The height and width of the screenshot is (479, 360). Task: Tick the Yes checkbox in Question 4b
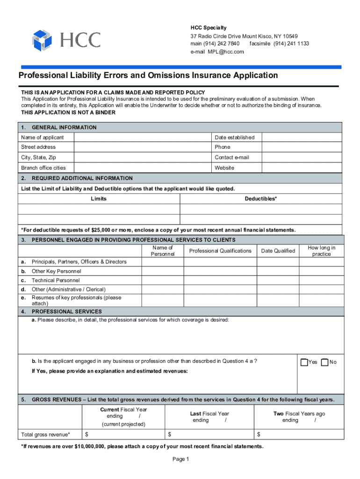pos(304,362)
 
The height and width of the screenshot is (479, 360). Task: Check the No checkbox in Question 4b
pos(325,362)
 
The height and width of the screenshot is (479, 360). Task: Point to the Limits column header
pos(99,199)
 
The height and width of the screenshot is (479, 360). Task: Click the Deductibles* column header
pos(260,199)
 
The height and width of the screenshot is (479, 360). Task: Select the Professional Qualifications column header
pos(220,251)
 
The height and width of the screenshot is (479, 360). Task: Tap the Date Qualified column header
pos(278,251)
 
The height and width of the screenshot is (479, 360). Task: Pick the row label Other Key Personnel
pos(56,271)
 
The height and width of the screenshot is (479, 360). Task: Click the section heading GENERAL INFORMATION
pos(64,128)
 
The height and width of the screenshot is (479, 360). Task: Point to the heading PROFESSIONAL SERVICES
pos(66,312)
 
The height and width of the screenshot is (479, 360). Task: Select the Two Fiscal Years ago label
pos(299,414)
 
